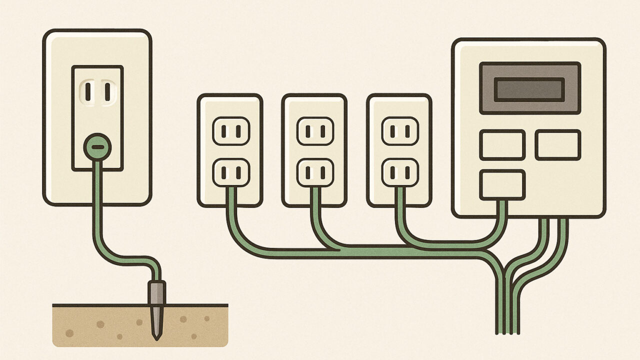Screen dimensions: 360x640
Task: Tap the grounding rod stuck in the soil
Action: (157, 310)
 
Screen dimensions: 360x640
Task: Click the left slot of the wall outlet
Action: (88, 90)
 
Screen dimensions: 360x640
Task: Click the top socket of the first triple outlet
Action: (230, 131)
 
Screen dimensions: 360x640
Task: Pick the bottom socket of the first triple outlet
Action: (230, 172)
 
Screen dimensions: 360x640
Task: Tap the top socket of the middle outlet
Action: (315, 131)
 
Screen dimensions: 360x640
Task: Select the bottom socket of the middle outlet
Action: (315, 172)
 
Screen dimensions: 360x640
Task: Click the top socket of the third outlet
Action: (400, 131)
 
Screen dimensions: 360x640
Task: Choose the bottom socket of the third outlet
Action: (400, 172)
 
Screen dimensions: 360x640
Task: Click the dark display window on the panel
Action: (529, 88)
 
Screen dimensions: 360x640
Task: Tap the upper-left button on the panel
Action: (502, 145)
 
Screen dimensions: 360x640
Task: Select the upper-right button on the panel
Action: (558, 145)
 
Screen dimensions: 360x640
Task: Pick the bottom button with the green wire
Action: (502, 184)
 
